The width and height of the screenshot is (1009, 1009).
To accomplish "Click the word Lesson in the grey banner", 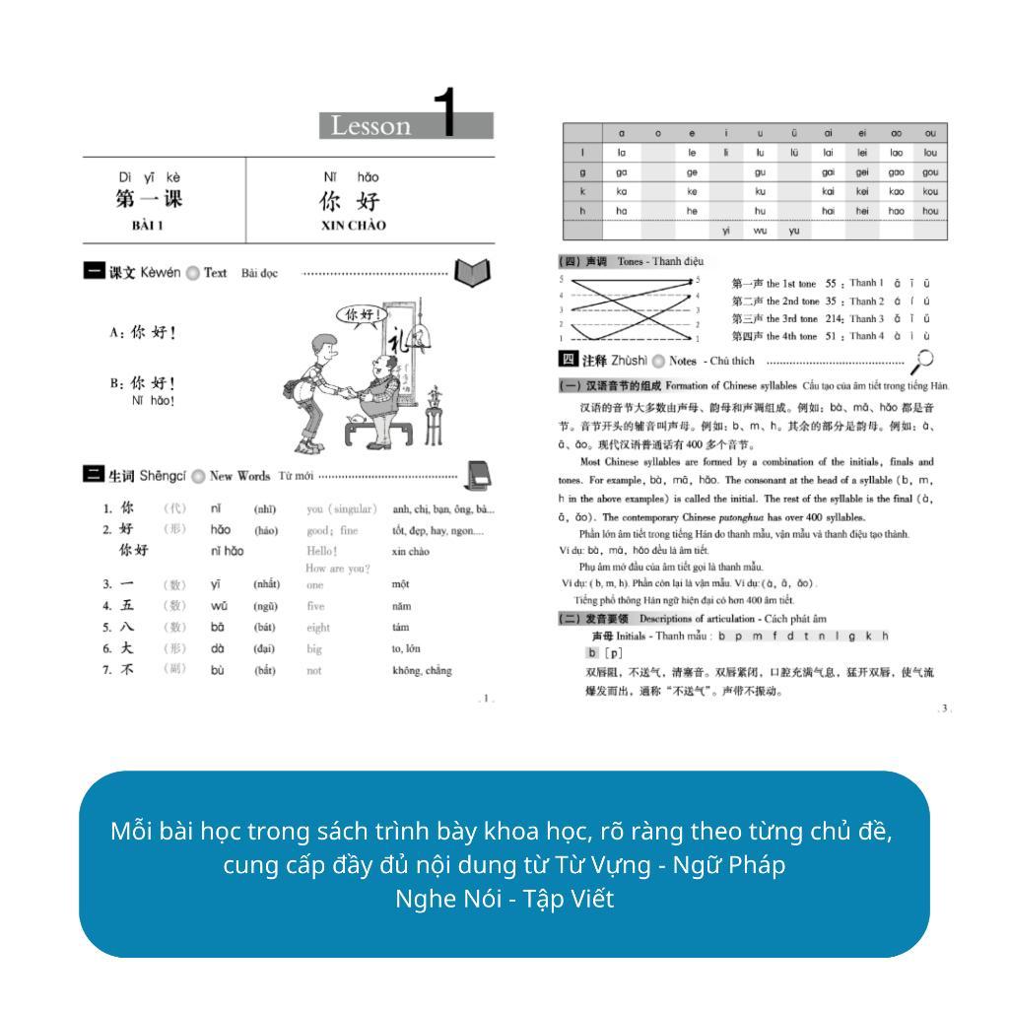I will coord(370,126).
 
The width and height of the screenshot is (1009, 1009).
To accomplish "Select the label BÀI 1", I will coord(148,226).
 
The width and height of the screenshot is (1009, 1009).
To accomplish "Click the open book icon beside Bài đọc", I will coord(472,272).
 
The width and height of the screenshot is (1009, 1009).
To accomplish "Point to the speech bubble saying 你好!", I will coord(363,314).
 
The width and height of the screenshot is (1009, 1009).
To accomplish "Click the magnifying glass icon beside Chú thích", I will coord(923,362).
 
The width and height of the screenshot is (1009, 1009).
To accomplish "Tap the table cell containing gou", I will coord(930,172).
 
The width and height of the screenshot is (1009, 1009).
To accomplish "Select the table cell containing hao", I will coord(896,211).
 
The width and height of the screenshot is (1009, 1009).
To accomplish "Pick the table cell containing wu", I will coord(760,231).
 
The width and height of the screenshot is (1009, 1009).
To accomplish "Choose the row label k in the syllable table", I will coord(582,192).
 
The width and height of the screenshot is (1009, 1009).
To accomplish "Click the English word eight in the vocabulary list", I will coord(318,628).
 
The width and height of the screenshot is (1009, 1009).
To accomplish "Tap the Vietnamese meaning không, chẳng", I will coord(422,671).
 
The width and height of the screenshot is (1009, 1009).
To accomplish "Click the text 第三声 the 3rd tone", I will coord(774,319).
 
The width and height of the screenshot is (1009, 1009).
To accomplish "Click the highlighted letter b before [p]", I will coord(592,653).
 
